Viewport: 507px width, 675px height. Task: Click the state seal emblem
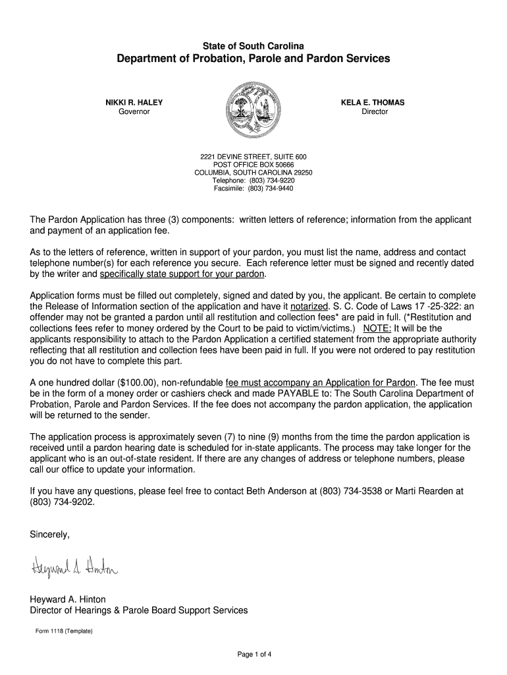click(x=253, y=110)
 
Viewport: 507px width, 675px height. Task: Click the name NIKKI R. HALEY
click(x=134, y=102)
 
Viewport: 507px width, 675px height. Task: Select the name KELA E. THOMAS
click(x=372, y=102)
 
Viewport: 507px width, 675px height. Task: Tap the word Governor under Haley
click(x=134, y=111)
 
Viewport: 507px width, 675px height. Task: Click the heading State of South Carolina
click(x=253, y=45)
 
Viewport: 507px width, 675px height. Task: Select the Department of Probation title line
click(x=253, y=59)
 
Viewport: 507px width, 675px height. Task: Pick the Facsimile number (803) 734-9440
click(x=271, y=188)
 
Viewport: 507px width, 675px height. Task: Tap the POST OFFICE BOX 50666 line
click(x=253, y=164)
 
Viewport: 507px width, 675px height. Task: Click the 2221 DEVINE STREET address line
click(x=253, y=156)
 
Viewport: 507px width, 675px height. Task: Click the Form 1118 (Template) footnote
click(x=64, y=631)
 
